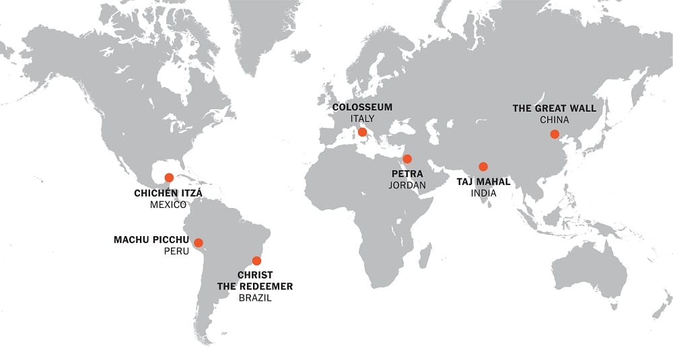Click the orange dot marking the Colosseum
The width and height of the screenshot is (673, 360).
click(x=363, y=132)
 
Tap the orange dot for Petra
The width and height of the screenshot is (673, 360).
click(x=407, y=159)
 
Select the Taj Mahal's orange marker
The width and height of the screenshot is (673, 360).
click(x=483, y=166)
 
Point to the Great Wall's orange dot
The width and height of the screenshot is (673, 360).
click(x=555, y=134)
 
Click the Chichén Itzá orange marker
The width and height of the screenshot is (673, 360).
click(x=169, y=178)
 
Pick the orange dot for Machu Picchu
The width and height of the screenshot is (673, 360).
click(x=199, y=243)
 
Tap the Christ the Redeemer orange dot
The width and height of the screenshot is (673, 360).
click(x=256, y=260)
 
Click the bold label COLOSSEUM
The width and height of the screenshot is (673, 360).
click(x=362, y=107)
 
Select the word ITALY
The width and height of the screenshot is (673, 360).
click(x=362, y=118)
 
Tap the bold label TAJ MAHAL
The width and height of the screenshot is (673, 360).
click(x=483, y=181)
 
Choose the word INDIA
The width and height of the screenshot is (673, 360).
click(x=483, y=192)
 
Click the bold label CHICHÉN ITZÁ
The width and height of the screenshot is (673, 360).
click(x=168, y=193)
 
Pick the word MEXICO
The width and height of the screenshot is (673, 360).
click(x=168, y=205)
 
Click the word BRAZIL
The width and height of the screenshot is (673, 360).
click(x=255, y=297)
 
